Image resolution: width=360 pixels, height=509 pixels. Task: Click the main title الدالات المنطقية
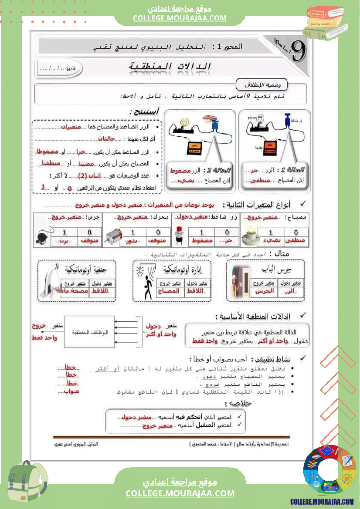pyautogui.click(x=170, y=67)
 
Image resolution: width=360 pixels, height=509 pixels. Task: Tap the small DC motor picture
pyautogui.click(x=116, y=236)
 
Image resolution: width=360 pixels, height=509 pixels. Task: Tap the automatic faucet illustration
pyautogui.click(x=51, y=282)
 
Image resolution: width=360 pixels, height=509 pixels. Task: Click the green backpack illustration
pyautogui.click(x=27, y=483)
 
